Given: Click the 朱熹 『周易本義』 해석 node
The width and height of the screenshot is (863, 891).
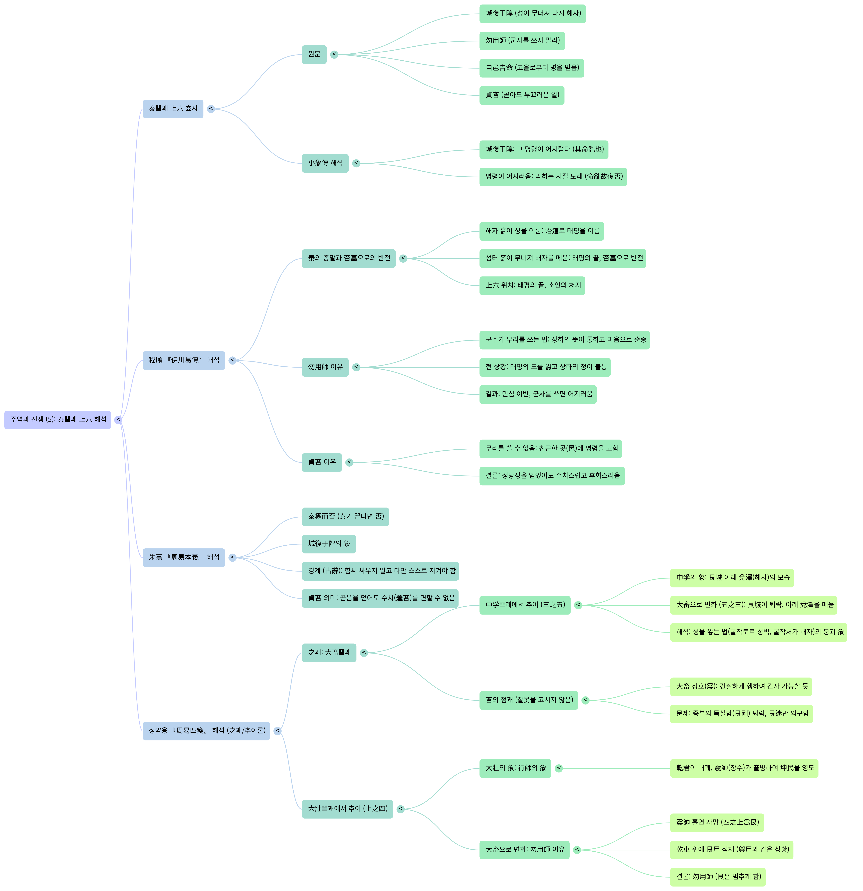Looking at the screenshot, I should [184, 557].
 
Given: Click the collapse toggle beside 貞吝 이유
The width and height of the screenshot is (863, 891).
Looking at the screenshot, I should [349, 462].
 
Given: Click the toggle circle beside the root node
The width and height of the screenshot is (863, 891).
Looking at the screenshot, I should [118, 420].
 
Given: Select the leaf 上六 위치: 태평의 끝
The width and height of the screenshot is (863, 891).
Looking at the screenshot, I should [532, 285].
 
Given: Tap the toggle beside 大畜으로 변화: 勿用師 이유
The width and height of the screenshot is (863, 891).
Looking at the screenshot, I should [577, 850].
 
